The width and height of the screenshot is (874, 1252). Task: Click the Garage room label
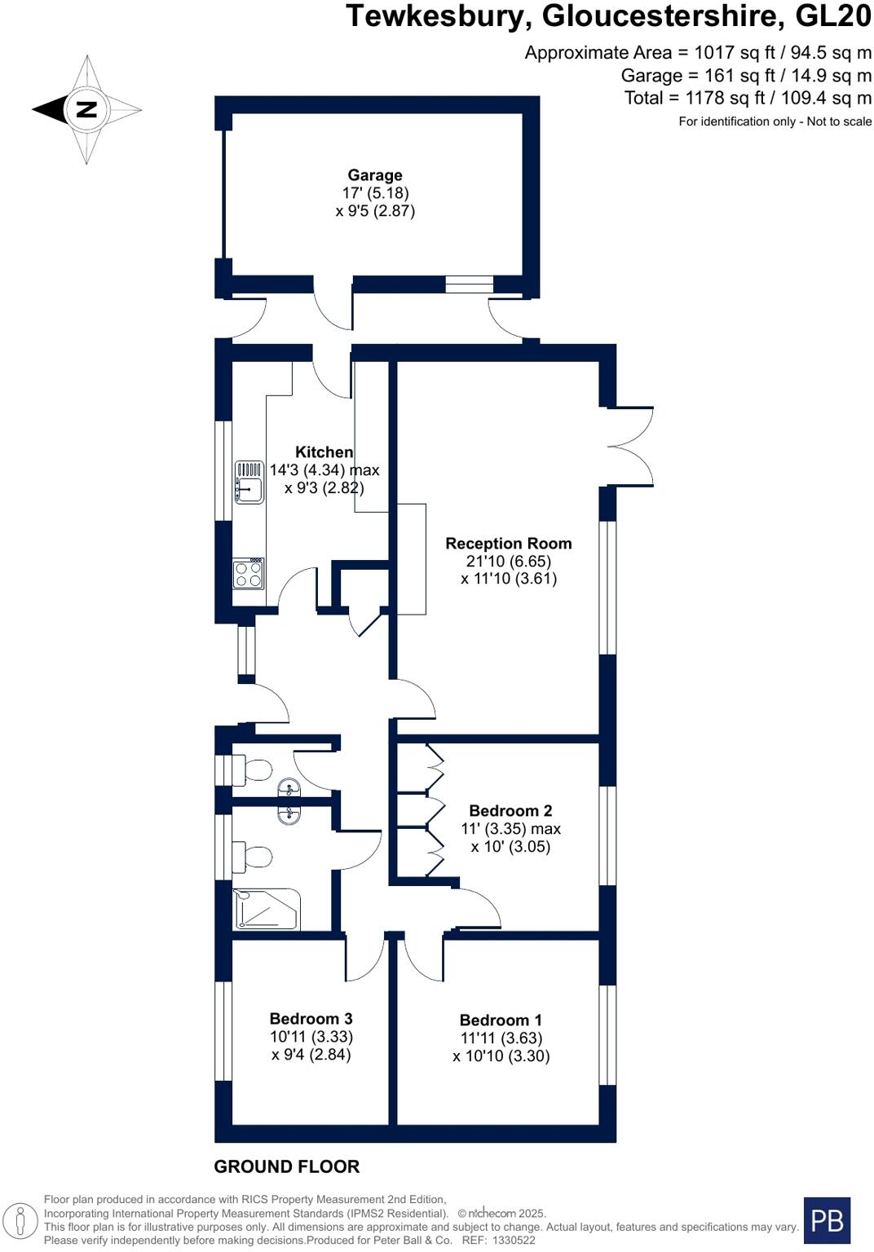(x=375, y=175)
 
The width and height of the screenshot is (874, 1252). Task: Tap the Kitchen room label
(x=324, y=452)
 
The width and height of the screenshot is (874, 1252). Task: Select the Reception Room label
(x=508, y=544)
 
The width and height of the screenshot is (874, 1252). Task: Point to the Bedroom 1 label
(x=501, y=1021)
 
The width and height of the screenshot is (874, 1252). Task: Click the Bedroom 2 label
(x=510, y=811)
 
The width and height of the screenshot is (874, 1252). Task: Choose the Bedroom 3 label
(x=311, y=1019)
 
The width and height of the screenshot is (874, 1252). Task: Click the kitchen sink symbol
(x=249, y=482)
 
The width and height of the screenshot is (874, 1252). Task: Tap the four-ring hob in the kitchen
(x=249, y=575)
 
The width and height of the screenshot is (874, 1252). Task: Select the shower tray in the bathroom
(x=267, y=910)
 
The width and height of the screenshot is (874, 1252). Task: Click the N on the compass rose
(x=86, y=109)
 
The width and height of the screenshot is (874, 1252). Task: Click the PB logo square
(x=827, y=1220)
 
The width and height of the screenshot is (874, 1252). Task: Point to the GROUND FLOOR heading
(x=286, y=1166)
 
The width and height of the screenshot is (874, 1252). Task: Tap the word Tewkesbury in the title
(x=439, y=16)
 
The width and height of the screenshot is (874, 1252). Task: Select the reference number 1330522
(x=511, y=1240)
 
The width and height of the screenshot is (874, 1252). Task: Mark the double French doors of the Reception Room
(x=630, y=446)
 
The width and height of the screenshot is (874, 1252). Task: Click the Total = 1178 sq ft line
(x=747, y=99)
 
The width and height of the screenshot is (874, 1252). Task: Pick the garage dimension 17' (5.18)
(x=375, y=193)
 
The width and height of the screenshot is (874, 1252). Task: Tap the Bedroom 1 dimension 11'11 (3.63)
(x=501, y=1038)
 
